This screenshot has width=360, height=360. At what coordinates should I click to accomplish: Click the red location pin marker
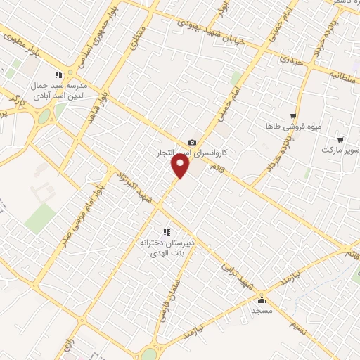181,166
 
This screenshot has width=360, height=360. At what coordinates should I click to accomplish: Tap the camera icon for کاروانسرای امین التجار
193,143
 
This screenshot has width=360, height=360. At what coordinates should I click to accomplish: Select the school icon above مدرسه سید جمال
60,75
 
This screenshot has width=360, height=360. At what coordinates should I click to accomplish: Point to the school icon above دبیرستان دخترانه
167,232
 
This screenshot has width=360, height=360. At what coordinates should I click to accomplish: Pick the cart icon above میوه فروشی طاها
293,116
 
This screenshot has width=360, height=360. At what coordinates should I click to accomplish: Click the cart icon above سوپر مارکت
341,140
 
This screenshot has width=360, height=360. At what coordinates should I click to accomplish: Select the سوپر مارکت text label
340,150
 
